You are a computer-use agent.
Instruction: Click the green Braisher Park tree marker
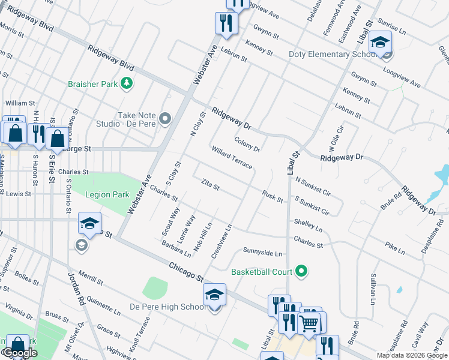click(x=127, y=84)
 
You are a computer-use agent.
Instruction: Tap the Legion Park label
click(x=107, y=195)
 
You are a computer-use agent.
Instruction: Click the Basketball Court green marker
click(x=302, y=272)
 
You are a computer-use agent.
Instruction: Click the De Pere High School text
click(x=168, y=307)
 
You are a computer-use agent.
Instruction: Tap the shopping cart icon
click(x=309, y=323)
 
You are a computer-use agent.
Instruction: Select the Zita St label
click(x=211, y=184)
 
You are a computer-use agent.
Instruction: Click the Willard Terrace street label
click(x=231, y=156)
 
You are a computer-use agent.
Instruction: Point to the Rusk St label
click(x=273, y=196)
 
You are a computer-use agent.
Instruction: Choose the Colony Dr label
click(x=247, y=145)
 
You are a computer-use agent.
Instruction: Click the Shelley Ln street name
click(x=308, y=225)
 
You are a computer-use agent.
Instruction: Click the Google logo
click(x=19, y=353)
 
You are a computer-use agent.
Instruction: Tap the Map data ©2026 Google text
click(x=411, y=355)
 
